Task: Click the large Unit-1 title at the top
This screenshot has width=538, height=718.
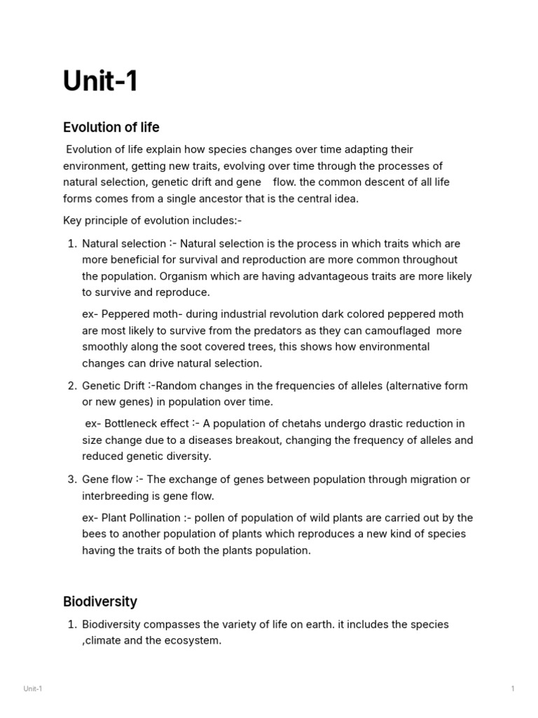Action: pyautogui.click(x=101, y=81)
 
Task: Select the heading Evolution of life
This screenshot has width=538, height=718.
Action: pyautogui.click(x=111, y=127)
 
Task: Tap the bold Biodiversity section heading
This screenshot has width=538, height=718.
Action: pyautogui.click(x=99, y=601)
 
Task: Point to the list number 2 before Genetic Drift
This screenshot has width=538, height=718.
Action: pyautogui.click(x=72, y=386)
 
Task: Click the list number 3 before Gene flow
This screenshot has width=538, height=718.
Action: pyautogui.click(x=72, y=480)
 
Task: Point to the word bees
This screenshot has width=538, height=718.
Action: pyautogui.click(x=92, y=534)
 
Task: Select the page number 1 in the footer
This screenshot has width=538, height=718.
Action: pyautogui.click(x=513, y=689)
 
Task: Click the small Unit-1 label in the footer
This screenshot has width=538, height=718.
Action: pyautogui.click(x=32, y=689)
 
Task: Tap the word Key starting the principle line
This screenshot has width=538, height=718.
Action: pyautogui.click(x=73, y=221)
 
